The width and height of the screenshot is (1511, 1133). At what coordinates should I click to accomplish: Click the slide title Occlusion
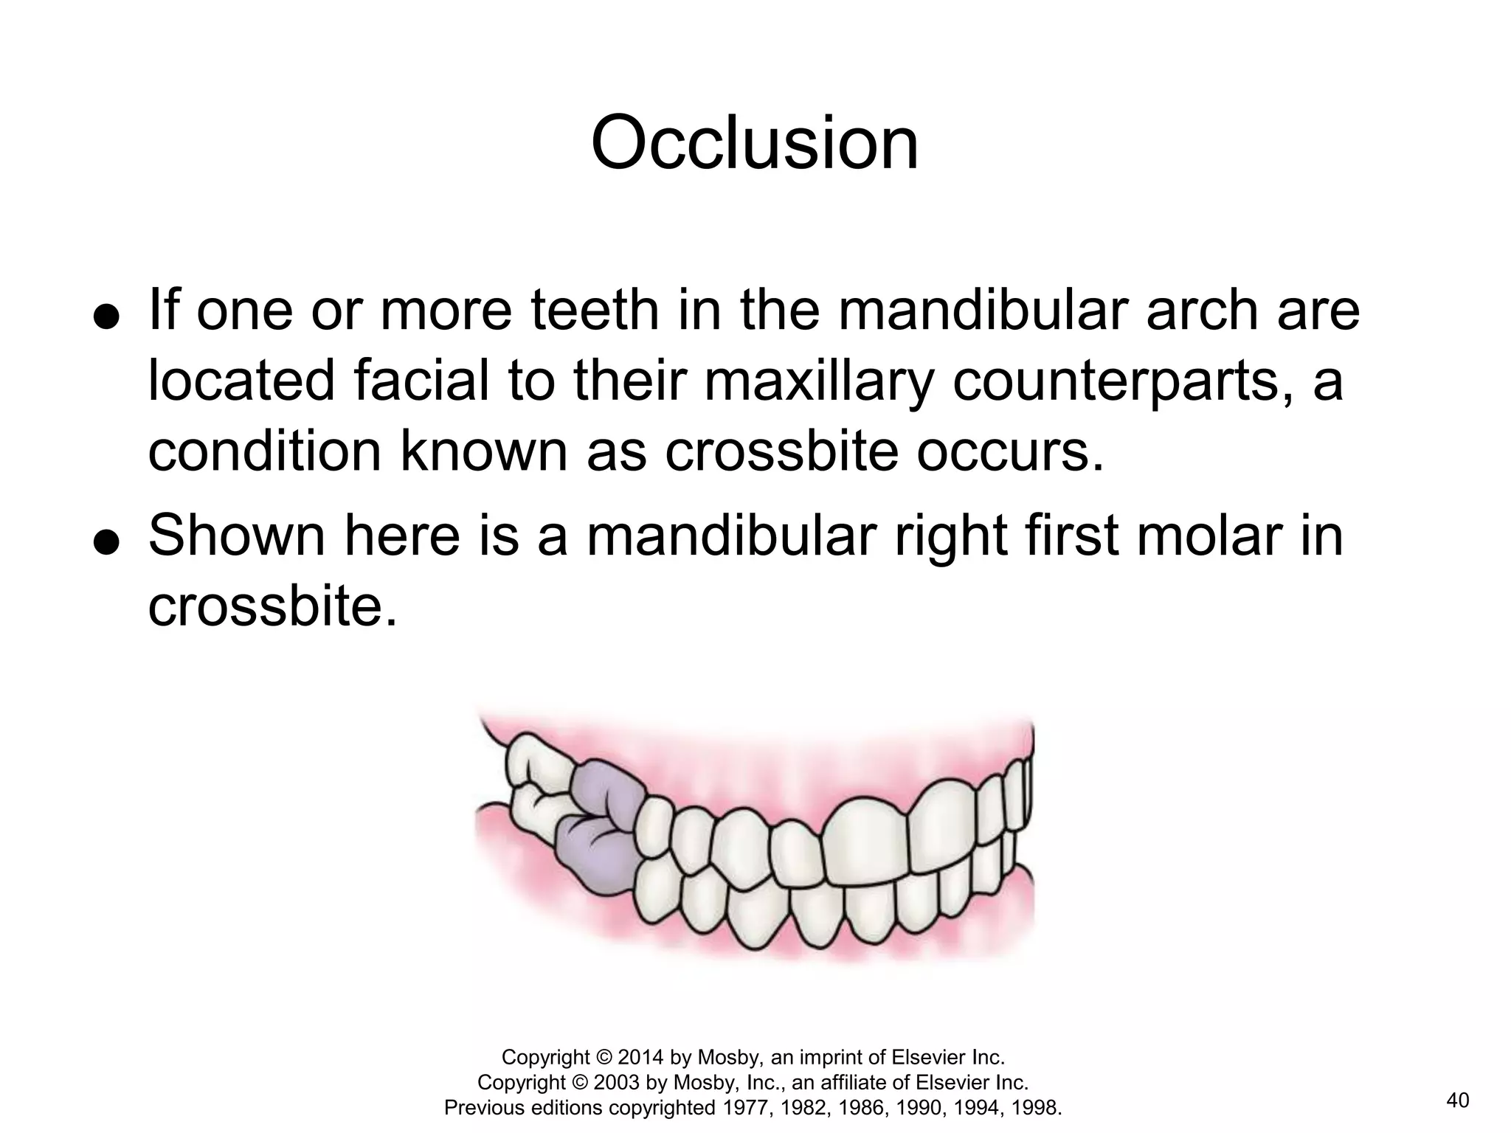pyautogui.click(x=755, y=143)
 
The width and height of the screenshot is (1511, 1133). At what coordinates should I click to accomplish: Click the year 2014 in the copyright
pyautogui.click(x=641, y=1058)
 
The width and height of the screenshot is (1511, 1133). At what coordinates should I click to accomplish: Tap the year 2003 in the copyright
pyautogui.click(x=617, y=1083)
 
